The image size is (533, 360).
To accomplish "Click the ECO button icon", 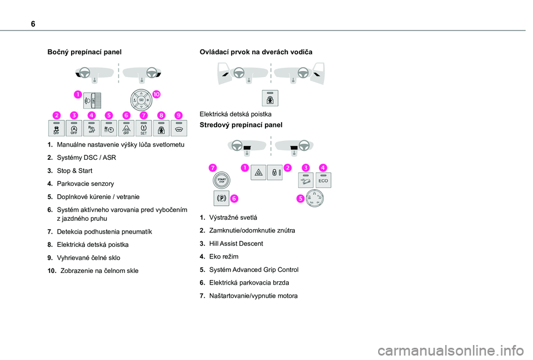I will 323,180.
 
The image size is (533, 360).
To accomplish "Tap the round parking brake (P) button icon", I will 220,197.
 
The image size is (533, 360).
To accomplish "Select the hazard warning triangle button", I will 258,173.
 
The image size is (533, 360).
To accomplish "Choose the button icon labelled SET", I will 143,128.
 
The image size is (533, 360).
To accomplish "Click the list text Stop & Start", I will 74,170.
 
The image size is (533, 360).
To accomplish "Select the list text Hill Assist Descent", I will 236,244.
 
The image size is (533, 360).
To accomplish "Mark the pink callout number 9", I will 178,115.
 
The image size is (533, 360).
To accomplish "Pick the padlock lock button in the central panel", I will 275,173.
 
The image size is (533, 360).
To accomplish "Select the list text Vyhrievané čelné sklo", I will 88,257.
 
